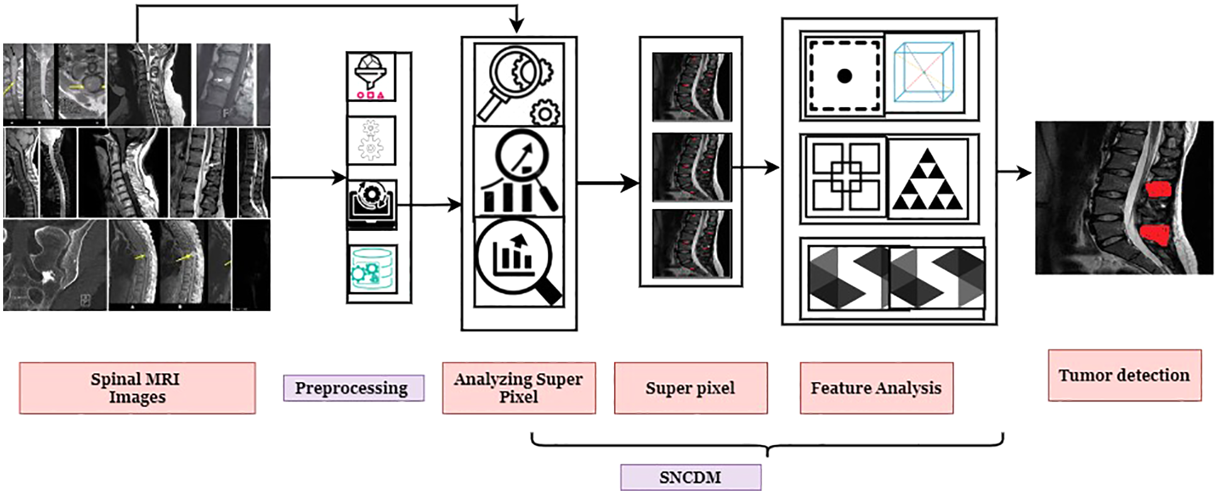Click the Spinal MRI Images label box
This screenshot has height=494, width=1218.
137,388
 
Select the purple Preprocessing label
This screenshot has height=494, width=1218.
353,388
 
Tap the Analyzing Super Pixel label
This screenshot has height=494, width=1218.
518,388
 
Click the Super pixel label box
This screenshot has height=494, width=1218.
690,388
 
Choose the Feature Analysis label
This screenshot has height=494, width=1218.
876,388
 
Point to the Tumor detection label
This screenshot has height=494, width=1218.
1124,375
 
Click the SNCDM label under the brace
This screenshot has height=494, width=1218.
690,477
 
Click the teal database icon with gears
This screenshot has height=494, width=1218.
372,269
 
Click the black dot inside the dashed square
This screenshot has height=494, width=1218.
845,76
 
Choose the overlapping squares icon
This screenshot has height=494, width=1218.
846,177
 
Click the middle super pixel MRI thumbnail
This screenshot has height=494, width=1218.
691,167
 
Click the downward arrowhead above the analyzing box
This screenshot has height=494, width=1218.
516,26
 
